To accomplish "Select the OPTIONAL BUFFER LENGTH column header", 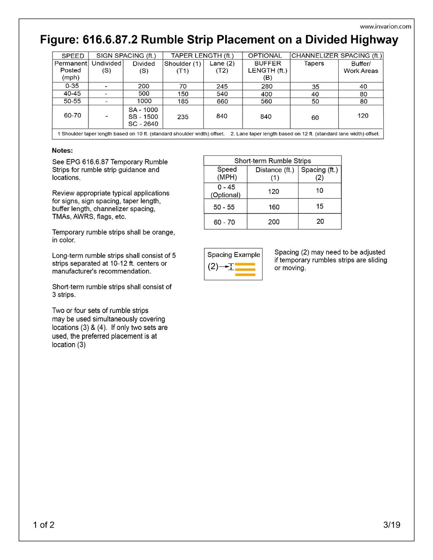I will (x=266, y=67).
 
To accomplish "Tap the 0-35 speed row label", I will (x=70, y=86).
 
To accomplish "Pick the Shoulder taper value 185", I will (x=183, y=101).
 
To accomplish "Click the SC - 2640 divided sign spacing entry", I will (x=144, y=124).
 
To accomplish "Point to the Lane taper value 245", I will (x=222, y=86).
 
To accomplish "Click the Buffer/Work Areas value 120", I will (x=363, y=116).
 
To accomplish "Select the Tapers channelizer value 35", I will (x=315, y=87).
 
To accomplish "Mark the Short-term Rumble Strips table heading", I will (x=273, y=161).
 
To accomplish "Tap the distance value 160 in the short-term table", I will (x=273, y=206).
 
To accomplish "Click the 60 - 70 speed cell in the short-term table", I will (x=225, y=222).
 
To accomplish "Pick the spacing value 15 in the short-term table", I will (x=320, y=206).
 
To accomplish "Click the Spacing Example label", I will (x=233, y=255).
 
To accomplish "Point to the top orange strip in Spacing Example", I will (x=245, y=264).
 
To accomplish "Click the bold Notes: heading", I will (x=62, y=150).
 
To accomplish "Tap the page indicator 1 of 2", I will (x=44, y=525).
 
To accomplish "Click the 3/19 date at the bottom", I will (x=392, y=525).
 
